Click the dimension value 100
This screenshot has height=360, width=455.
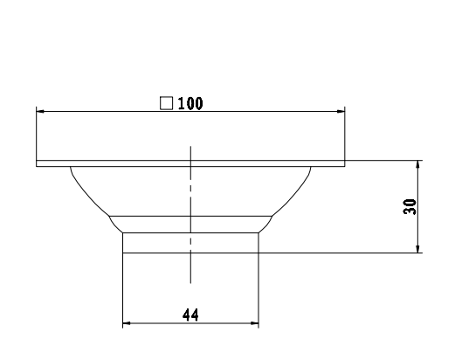[x=190, y=103]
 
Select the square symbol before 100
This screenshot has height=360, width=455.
[x=166, y=103]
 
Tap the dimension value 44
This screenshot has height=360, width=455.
[x=190, y=315]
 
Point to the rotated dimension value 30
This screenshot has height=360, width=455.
[x=411, y=207]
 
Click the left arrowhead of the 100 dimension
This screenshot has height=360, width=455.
[x=40, y=112]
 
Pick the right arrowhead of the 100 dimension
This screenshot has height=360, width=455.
[x=341, y=112]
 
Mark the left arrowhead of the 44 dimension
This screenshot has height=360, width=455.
[x=127, y=324]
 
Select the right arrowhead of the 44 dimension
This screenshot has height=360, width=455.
[x=254, y=324]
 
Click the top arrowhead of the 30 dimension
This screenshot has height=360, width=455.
[x=420, y=165]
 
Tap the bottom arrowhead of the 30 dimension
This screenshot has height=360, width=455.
[x=420, y=249]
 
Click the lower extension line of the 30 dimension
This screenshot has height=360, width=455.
[x=349, y=253]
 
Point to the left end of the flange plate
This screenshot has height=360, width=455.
[x=38, y=163]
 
